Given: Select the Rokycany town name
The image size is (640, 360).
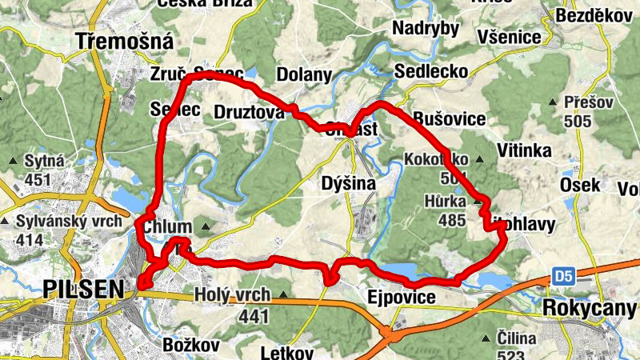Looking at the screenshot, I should point(583,307).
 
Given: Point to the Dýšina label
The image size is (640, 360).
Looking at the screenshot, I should point(348,183).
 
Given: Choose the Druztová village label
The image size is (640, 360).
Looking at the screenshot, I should point(249,113).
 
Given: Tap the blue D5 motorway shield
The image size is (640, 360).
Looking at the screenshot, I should point(563,277).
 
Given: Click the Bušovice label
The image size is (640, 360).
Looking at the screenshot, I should point(449,119).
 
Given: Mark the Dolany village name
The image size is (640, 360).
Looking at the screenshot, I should point(304,75).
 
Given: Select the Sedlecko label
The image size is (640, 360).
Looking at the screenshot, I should point(431,72).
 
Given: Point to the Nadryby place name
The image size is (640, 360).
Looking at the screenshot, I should point(426,29).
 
